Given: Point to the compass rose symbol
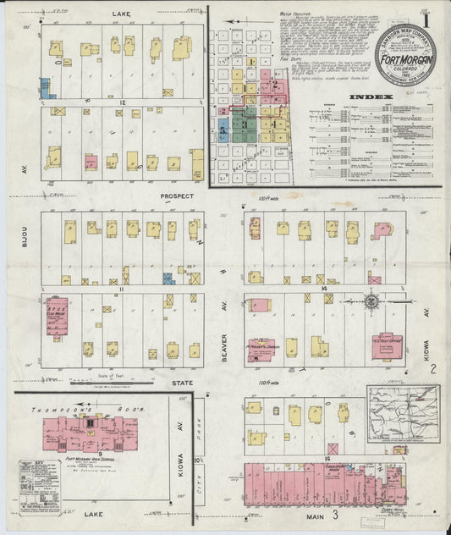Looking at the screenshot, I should [x=371, y=300].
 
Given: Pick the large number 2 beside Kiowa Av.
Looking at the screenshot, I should [x=432, y=369].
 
